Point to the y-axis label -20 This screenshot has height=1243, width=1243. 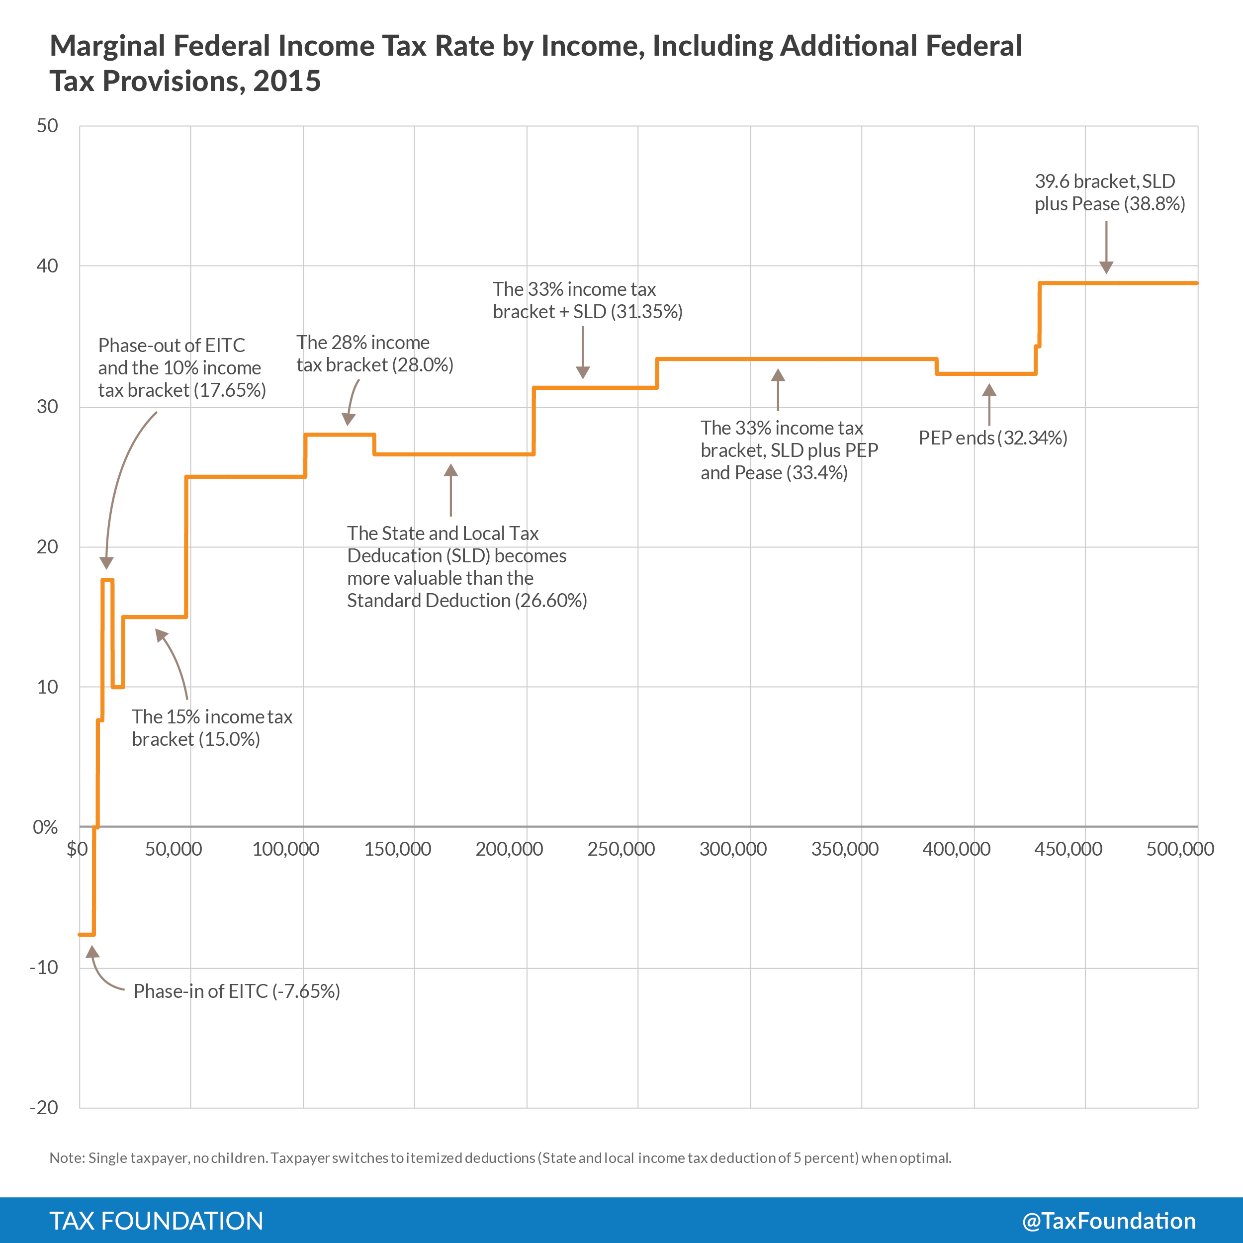point(44,1107)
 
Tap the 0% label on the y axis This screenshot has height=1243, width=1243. point(45,827)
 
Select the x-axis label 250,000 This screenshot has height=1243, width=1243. point(621,849)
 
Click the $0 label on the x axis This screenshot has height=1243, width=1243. point(77,849)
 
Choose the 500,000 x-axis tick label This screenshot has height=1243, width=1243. point(1180,849)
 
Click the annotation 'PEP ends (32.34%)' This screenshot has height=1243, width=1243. point(993,438)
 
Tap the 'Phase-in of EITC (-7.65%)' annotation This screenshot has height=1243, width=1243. point(236,991)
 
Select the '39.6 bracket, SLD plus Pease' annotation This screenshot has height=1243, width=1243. point(1109,192)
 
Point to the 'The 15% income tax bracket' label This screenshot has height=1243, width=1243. point(212,728)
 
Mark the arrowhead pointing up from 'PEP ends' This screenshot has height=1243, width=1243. point(989,390)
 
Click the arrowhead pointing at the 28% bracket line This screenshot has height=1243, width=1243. point(348,420)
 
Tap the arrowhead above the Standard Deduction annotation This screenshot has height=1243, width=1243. point(451,470)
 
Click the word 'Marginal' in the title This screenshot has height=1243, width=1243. point(107,46)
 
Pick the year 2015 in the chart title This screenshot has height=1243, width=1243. point(287,82)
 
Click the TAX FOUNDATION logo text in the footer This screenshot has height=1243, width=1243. point(156,1221)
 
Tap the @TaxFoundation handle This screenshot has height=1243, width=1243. point(1109,1221)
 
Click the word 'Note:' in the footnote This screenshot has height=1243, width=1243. point(67,1158)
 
